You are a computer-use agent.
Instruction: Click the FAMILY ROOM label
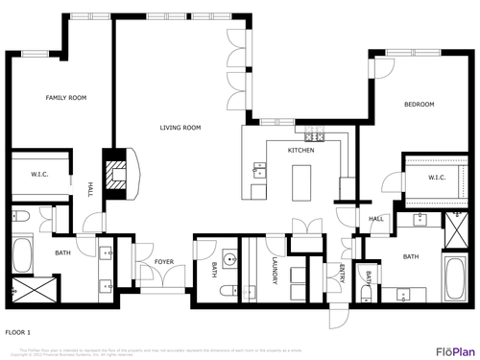coord(66,98)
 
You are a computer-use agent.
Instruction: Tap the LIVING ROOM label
coord(180,128)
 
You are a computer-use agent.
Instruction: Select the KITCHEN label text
coord(301,151)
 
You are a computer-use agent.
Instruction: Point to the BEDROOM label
coord(419,105)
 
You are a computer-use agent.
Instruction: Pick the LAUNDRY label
coord(274,269)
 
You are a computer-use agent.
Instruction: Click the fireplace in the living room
coord(118,176)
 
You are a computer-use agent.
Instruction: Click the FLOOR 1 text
coord(18,331)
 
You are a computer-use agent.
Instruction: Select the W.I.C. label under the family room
coord(39,175)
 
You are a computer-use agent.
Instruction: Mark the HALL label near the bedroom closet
coord(375,219)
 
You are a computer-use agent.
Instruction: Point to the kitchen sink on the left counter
coord(259,173)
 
